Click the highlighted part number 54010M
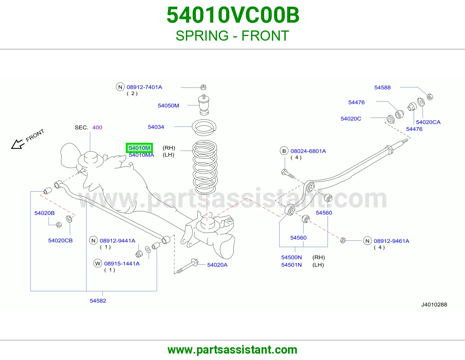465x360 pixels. click(139, 148)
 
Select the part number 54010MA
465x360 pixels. click(142, 155)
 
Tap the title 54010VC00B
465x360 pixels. click(233, 15)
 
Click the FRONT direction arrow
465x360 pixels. click(17, 144)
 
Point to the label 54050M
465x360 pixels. click(168, 106)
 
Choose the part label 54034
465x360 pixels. click(156, 127)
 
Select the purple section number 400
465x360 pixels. click(97, 127)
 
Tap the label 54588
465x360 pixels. click(382, 87)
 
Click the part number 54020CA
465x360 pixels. click(428, 122)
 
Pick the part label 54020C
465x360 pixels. click(351, 119)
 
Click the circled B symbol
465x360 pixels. click(284, 151)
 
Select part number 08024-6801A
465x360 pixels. click(308, 151)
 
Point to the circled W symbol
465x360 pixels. click(98, 263)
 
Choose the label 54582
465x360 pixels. click(98, 301)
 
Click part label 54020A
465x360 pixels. click(217, 265)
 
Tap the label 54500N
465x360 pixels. click(291, 258)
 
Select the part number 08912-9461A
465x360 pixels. click(391, 241)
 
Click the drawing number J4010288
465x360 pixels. click(434, 305)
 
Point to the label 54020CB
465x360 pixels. click(60, 240)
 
